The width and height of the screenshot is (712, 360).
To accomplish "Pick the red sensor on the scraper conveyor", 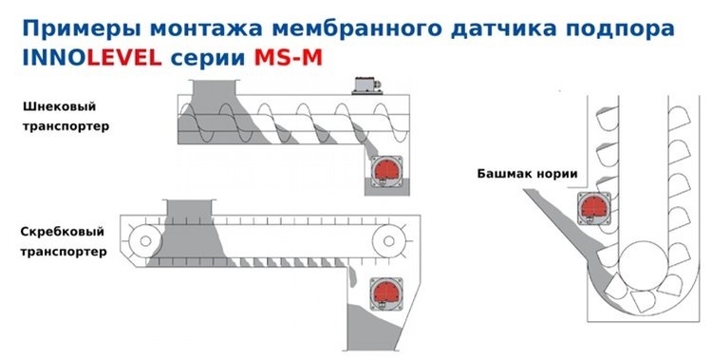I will tap(385, 291).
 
